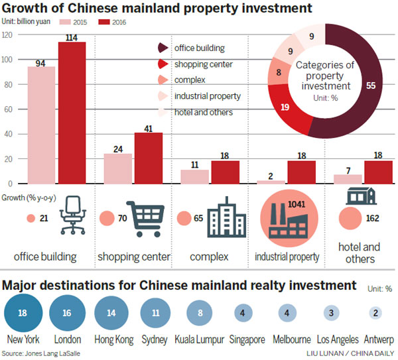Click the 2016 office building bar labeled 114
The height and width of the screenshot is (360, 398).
[72, 113]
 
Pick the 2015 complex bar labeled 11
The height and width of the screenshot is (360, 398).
[195, 176]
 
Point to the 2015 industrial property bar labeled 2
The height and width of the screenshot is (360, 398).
[271, 181]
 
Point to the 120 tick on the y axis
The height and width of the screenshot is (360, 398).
[8, 34]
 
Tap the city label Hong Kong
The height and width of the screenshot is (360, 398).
[114, 339]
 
